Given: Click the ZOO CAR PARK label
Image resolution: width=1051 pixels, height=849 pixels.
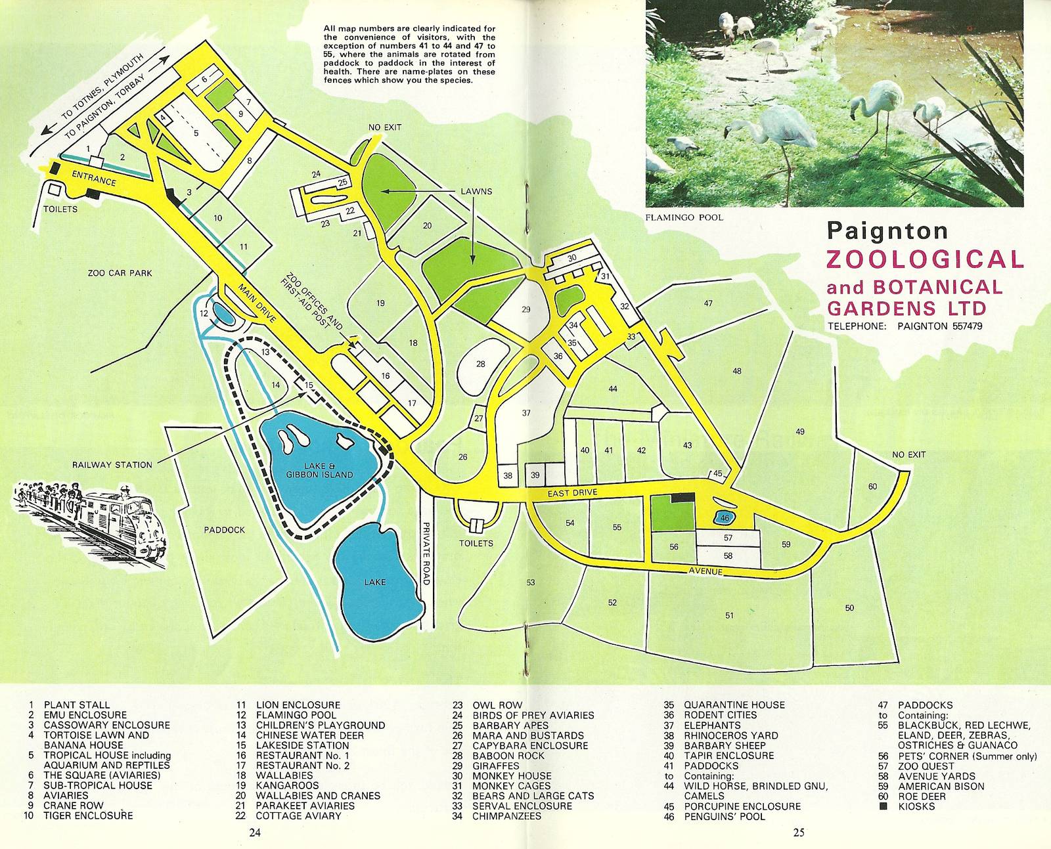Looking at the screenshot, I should tap(120, 273).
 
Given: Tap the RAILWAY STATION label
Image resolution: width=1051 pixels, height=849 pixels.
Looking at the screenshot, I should tap(112, 465).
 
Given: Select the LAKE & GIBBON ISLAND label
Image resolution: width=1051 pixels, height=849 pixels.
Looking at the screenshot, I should tap(319, 470).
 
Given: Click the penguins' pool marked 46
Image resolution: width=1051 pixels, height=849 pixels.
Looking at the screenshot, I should tap(725, 518).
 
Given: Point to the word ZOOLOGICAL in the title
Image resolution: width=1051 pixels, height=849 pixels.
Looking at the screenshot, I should tap(924, 259).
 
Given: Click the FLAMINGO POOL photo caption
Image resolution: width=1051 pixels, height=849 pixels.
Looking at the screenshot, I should tap(684, 217).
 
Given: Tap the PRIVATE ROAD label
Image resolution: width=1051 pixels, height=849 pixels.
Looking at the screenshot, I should tap(426, 553).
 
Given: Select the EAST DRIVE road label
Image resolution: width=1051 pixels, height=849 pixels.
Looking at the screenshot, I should tap(574, 493).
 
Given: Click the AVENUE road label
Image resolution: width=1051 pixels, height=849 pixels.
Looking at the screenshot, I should tap(705, 572).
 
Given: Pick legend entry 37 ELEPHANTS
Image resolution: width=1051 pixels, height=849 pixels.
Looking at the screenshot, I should tap(712, 726).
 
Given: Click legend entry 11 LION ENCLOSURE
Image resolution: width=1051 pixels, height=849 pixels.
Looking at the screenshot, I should tap(298, 705).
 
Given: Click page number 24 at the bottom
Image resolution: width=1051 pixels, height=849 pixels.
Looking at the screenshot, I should tap(255, 833).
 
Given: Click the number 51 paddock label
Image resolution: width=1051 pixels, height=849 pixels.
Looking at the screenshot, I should tap(729, 615).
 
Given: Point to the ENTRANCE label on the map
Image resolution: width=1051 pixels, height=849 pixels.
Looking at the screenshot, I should tap(94, 179).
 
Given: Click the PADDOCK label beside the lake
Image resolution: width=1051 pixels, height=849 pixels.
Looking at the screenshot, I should tap(224, 530).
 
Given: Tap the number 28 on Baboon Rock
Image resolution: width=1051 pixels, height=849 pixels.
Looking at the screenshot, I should tap(481, 364).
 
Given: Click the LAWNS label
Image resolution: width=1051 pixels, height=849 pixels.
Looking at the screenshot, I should tap(476, 192).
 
